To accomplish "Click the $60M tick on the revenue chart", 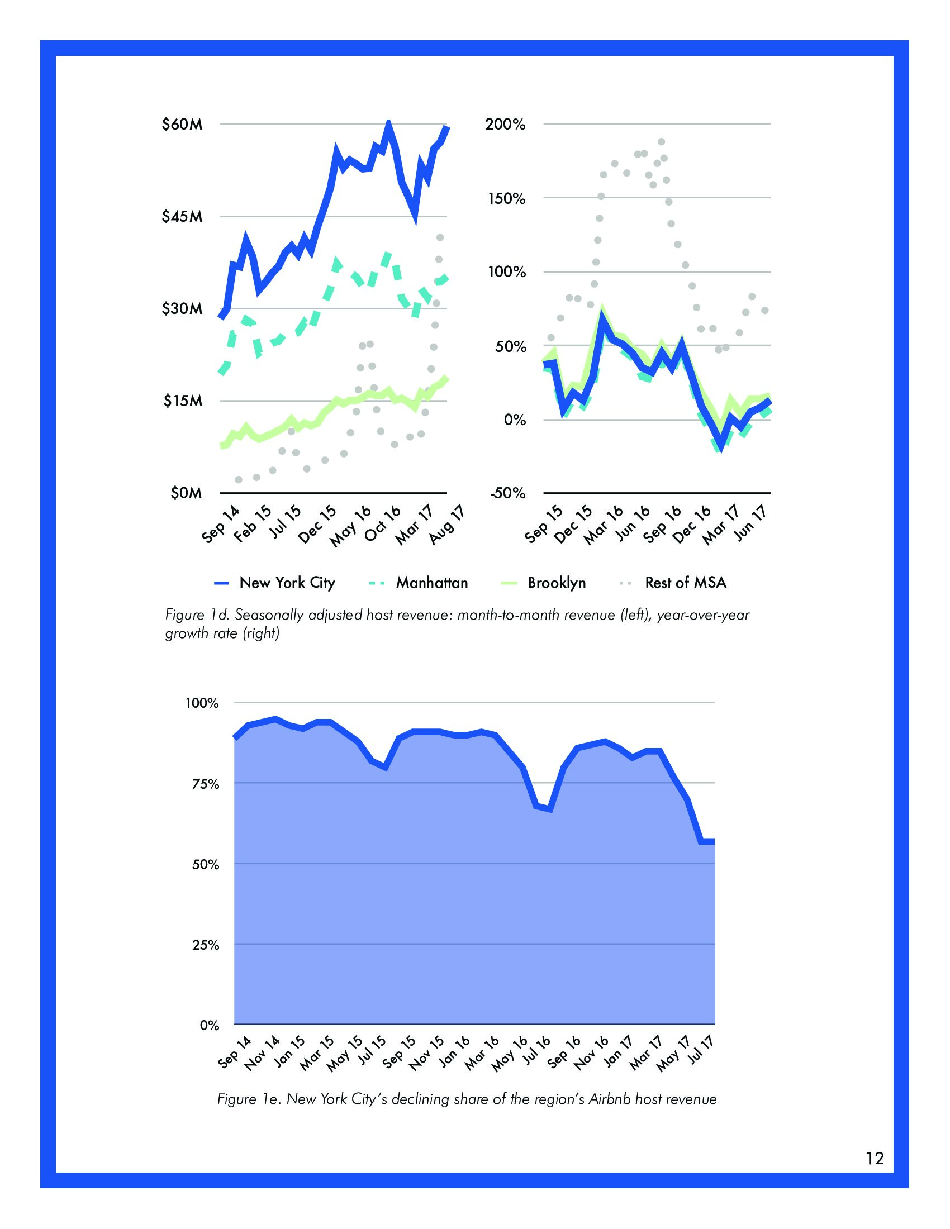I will [x=181, y=125].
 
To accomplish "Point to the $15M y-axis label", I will [x=182, y=401].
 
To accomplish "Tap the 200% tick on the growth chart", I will [x=505, y=125].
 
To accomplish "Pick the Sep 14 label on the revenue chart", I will [x=221, y=524].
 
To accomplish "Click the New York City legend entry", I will [x=287, y=583].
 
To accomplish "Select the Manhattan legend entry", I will [x=431, y=583].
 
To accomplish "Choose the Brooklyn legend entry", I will [x=556, y=583].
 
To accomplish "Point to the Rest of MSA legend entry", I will [x=686, y=583].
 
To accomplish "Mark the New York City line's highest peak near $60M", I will [x=388, y=123].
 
